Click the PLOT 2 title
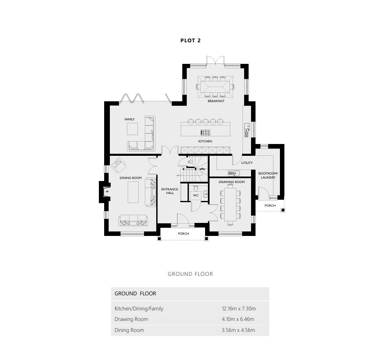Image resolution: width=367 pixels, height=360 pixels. click(190, 41)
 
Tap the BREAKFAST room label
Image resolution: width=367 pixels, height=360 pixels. click(216, 101)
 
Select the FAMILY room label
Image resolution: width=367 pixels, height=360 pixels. click(129, 119)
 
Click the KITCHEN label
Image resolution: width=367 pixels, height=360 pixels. click(205, 142)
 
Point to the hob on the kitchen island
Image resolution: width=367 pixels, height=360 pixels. click(205, 133)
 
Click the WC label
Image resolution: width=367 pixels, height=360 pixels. click(196, 195)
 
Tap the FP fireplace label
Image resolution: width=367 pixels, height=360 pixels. click(107, 192)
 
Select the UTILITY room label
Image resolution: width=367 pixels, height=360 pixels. click(247, 163)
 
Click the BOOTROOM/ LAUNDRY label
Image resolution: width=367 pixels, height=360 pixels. click(268, 175)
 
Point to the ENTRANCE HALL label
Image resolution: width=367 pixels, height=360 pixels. click(170, 191)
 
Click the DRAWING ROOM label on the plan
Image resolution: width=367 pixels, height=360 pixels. click(232, 182)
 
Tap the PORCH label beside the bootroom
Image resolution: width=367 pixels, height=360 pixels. click(270, 205)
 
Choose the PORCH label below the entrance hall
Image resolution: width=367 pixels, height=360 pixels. click(183, 233)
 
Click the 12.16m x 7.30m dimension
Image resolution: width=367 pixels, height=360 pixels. click(239, 308)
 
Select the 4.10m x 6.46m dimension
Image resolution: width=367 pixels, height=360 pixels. click(238, 319)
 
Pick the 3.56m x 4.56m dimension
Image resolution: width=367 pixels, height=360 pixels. click(238, 330)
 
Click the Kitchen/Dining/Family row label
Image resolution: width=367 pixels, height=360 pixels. click(139, 309)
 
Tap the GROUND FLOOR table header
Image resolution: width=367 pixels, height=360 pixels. click(135, 294)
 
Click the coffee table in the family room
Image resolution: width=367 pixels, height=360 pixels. click(133, 129)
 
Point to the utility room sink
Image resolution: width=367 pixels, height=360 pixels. click(234, 173)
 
